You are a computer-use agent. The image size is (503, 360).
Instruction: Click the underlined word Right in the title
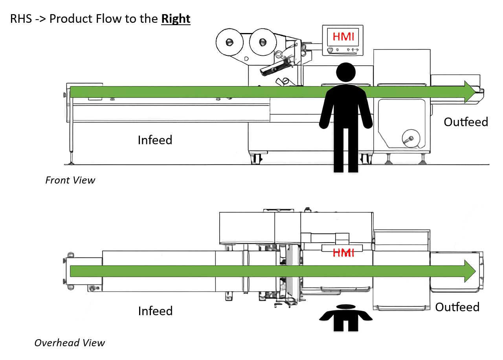pos(176,18)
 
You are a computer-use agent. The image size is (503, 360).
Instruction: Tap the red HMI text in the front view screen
pos(343,37)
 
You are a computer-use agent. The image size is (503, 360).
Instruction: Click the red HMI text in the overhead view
pos(343,253)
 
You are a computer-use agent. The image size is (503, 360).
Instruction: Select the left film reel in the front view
pos(229,42)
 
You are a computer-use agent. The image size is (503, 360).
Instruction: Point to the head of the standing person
pos(346,72)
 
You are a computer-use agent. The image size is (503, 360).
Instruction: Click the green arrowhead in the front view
pos(470,92)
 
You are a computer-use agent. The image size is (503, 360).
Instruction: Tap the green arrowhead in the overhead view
pos(470,271)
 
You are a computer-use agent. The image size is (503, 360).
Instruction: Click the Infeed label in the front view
pos(155,140)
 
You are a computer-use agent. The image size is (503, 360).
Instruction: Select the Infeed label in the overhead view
pos(155,311)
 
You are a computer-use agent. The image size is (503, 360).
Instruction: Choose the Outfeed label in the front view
pos(466,122)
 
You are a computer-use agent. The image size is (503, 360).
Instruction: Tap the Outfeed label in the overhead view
pos(457,307)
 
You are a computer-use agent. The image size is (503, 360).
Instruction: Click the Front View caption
pos(70,180)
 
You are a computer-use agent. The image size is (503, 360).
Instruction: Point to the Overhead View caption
pos(70,343)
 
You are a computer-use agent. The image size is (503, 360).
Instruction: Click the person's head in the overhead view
pos(346,307)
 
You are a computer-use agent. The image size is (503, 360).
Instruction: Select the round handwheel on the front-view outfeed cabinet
pos(411,138)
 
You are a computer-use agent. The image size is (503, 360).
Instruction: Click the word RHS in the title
pos(21,18)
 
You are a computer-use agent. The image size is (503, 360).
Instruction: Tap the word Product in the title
pos(71,18)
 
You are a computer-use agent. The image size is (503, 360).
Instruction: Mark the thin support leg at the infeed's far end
pos(71,135)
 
